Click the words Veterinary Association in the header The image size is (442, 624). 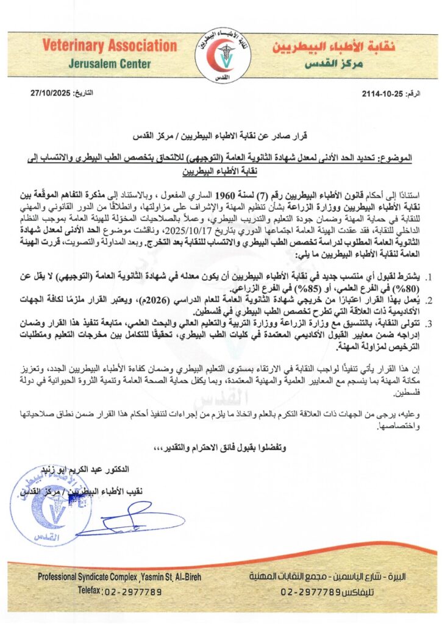[x=110, y=46]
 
